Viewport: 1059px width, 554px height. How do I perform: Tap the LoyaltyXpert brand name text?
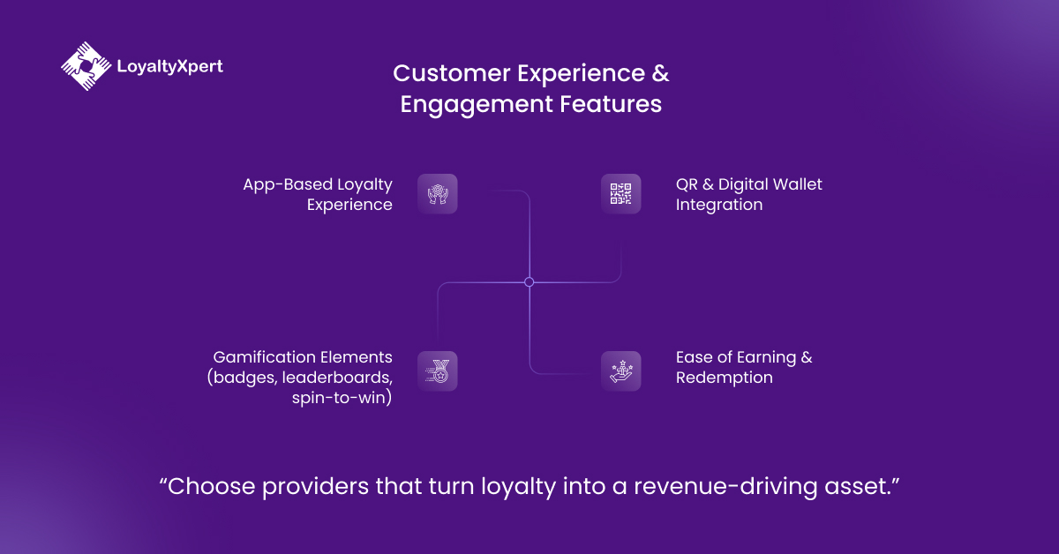coord(169,65)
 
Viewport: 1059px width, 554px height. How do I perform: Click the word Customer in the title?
coord(440,73)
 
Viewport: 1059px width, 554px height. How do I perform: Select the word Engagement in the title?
coord(477,104)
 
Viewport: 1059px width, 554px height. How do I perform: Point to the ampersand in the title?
coord(660,73)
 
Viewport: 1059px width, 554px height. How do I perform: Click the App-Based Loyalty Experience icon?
coord(438,194)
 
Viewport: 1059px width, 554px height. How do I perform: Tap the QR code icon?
coord(621,194)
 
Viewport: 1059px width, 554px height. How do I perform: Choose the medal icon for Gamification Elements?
coord(438,371)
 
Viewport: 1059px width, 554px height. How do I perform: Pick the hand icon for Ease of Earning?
coord(621,371)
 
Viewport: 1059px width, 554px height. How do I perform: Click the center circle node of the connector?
coord(529,282)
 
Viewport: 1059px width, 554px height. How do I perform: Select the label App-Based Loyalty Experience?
coord(319,194)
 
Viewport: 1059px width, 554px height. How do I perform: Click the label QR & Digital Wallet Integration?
coord(748,194)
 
